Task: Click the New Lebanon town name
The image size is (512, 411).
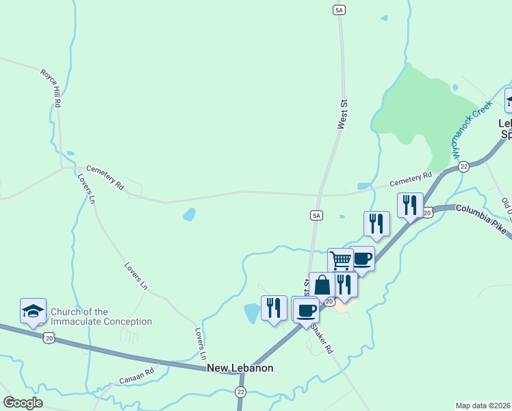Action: (x=240, y=368)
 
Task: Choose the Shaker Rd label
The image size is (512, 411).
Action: (x=322, y=338)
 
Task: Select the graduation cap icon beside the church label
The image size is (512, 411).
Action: (x=33, y=312)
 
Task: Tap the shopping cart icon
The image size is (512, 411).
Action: (x=340, y=260)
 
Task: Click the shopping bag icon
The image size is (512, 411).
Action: (x=322, y=285)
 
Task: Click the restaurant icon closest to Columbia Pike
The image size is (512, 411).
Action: (x=410, y=205)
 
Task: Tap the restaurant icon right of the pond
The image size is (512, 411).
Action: (x=274, y=308)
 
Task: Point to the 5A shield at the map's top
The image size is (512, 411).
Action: (x=339, y=10)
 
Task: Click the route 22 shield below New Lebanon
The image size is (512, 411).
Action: (x=240, y=391)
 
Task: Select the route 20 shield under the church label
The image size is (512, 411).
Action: (x=48, y=336)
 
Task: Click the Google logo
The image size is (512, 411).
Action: (x=23, y=403)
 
